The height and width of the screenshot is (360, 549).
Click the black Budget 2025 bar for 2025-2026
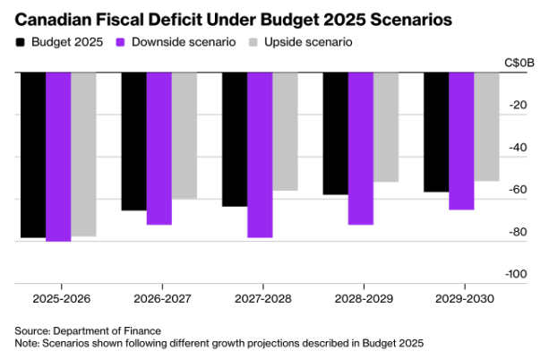32,155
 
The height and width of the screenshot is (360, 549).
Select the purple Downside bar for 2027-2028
259,155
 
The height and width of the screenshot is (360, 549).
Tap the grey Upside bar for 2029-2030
486,126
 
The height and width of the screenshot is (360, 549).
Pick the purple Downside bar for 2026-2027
159,149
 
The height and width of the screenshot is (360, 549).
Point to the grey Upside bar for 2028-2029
386,127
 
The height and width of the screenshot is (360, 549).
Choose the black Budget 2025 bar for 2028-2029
335,133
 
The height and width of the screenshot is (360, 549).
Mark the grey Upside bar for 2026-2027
184,135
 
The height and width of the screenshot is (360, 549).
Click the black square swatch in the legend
21,42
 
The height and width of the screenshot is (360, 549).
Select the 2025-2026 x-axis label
60,297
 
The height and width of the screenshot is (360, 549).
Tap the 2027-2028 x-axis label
261,297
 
